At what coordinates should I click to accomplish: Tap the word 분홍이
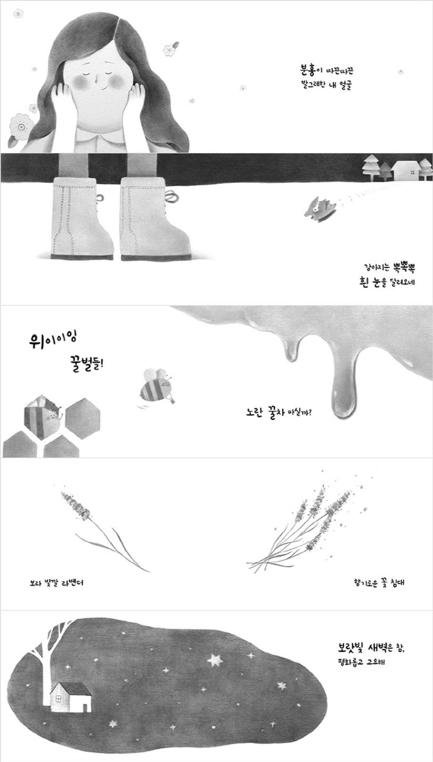(309, 70)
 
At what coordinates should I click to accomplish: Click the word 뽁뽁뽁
(403, 267)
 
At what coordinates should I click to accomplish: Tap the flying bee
(157, 387)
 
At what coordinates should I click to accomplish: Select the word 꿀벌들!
(86, 364)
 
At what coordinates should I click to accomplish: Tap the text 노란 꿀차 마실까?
(279, 412)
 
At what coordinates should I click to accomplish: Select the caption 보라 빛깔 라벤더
(56, 583)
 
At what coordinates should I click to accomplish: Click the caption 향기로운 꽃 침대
(378, 583)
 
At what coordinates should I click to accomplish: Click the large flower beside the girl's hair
(21, 126)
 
